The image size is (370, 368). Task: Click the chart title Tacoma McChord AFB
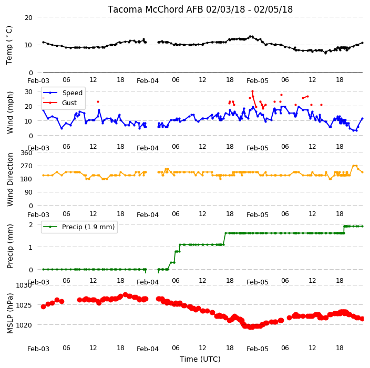pyautogui.click(x=156, y=9)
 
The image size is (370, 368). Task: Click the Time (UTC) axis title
pyautogui.click(x=200, y=359)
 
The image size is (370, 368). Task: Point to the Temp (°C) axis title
pyautogui.click(x=9, y=45)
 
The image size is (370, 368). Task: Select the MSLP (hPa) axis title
pyautogui.click(x=10, y=313)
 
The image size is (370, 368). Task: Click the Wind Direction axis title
pyautogui.click(x=10, y=179)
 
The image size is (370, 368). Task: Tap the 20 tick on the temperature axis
pyautogui.click(x=28, y=17)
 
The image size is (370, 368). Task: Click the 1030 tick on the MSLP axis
pyautogui.click(x=24, y=285)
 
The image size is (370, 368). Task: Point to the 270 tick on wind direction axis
pyautogui.click(x=27, y=166)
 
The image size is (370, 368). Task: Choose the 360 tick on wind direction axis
pyautogui.click(x=27, y=153)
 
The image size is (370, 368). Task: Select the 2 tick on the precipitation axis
pyautogui.click(x=30, y=224)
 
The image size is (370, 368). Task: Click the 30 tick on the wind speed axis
pyautogui.click(x=28, y=91)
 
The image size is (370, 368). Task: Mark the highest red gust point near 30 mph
pyautogui.click(x=252, y=91)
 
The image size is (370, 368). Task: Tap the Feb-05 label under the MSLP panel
pyautogui.click(x=257, y=349)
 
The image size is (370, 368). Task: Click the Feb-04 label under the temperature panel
pyautogui.click(x=148, y=81)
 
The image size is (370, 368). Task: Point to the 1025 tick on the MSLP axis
pyautogui.click(x=24, y=305)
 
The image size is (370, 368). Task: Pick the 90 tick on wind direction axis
pyautogui.click(x=28, y=192)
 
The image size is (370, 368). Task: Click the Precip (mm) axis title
pyautogui.click(x=10, y=246)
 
